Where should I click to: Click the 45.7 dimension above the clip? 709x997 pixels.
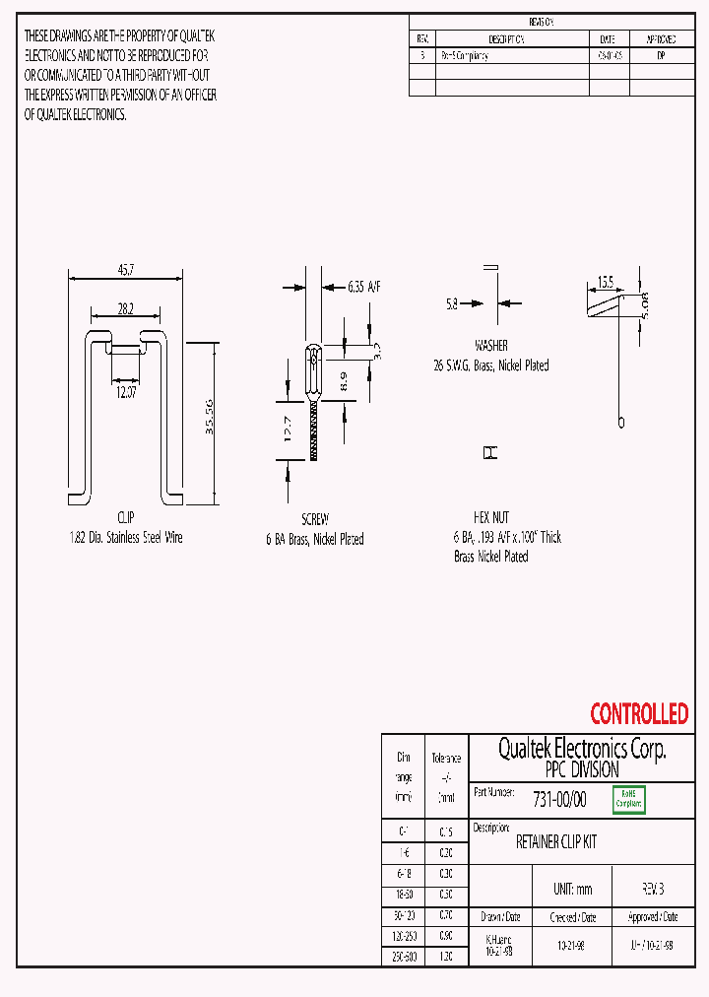[126, 269]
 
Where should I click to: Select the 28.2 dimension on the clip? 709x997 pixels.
[126, 308]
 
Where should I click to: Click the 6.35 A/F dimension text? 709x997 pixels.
[363, 287]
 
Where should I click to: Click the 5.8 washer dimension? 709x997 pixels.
[452, 305]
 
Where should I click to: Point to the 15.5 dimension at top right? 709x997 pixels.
[604, 282]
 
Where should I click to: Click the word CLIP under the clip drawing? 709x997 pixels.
[125, 517]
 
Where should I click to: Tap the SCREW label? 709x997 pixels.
[315, 518]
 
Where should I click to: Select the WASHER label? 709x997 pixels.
[491, 346]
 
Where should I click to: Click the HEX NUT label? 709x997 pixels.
[491, 517]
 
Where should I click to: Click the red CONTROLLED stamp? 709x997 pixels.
[639, 713]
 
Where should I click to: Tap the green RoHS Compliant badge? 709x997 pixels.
[629, 799]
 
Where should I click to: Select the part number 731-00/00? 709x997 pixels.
[558, 800]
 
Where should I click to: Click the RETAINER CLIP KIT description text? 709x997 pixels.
[556, 842]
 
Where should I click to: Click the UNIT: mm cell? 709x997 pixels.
[572, 889]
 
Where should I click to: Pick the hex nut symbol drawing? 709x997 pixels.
[489, 453]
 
